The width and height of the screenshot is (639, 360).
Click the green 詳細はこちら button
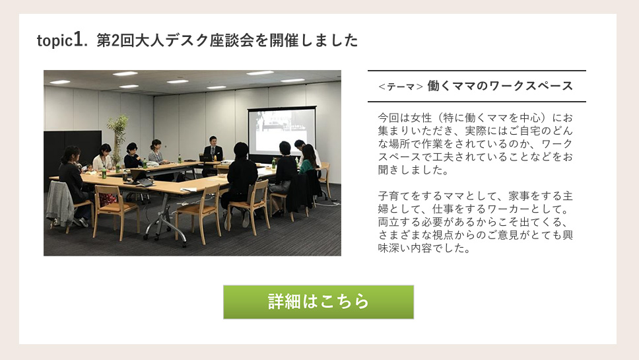click(x=318, y=302)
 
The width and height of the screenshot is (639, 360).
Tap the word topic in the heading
click(x=55, y=41)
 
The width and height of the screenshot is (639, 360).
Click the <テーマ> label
click(x=400, y=87)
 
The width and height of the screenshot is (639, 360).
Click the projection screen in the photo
click(x=282, y=131)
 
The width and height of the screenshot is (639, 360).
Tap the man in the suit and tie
click(x=213, y=149)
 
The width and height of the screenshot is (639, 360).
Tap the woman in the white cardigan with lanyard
click(x=103, y=158)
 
